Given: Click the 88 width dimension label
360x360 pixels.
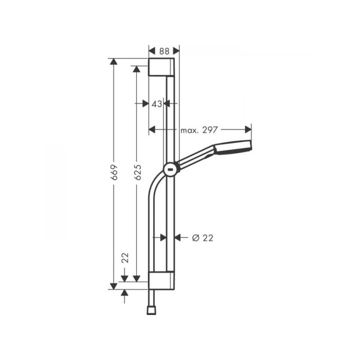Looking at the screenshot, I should (164, 51).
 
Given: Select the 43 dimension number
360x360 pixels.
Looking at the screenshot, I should (157, 103).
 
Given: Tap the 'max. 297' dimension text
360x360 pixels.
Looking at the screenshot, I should (199, 130).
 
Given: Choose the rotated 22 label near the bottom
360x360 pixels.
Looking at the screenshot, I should (125, 258).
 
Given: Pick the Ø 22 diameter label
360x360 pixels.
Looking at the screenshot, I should (202, 238).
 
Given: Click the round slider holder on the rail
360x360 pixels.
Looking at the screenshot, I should (171, 169).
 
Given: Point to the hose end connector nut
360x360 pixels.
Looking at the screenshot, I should (150, 310).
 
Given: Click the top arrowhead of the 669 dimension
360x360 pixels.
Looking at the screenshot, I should (113, 62).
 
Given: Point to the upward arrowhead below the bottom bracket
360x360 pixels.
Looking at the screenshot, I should (125, 293).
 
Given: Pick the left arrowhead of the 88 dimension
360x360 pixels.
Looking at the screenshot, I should (152, 51).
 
